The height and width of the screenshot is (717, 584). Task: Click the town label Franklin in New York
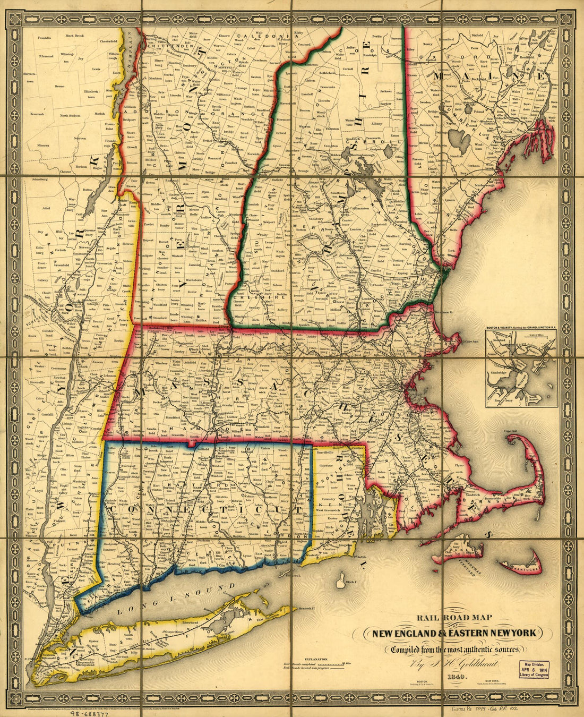pyautogui.click(x=45, y=38)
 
